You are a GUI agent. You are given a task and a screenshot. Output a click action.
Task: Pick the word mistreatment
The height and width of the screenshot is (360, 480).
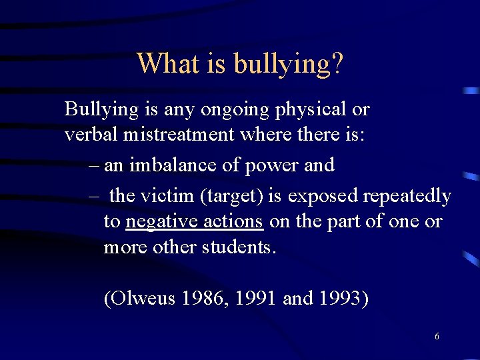click(179, 134)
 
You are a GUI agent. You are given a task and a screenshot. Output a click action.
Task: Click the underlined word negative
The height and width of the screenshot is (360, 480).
click(158, 222)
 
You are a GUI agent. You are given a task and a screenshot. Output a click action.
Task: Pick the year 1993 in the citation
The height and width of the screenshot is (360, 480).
click(344, 298)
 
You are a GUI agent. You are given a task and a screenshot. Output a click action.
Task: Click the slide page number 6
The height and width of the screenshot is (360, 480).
click(437, 337)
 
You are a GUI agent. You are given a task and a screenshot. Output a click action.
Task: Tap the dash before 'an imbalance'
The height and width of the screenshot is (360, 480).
click(93, 165)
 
